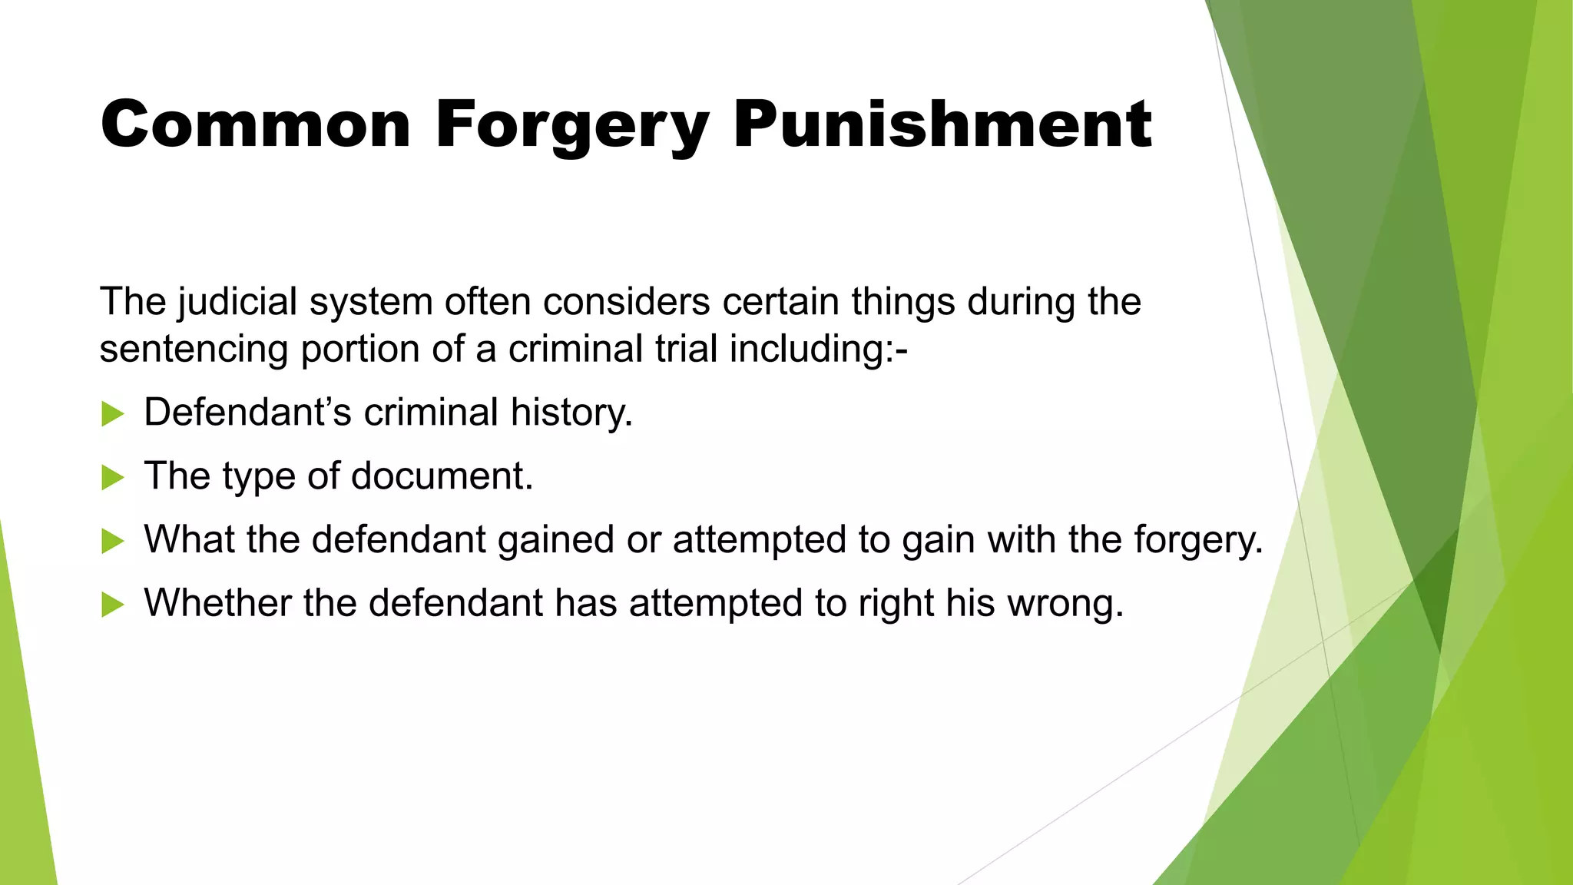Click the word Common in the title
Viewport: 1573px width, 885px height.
click(x=256, y=124)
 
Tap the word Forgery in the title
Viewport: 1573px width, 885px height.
click(x=572, y=126)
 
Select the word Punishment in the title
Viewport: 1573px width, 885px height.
click(x=942, y=124)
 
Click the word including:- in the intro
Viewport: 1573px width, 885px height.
click(x=818, y=350)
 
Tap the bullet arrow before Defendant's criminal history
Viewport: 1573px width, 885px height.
click(x=112, y=414)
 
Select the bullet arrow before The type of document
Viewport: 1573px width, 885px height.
click(x=112, y=478)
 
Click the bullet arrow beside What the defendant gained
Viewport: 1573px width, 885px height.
click(x=112, y=542)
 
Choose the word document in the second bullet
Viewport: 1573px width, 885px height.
click(x=442, y=476)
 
